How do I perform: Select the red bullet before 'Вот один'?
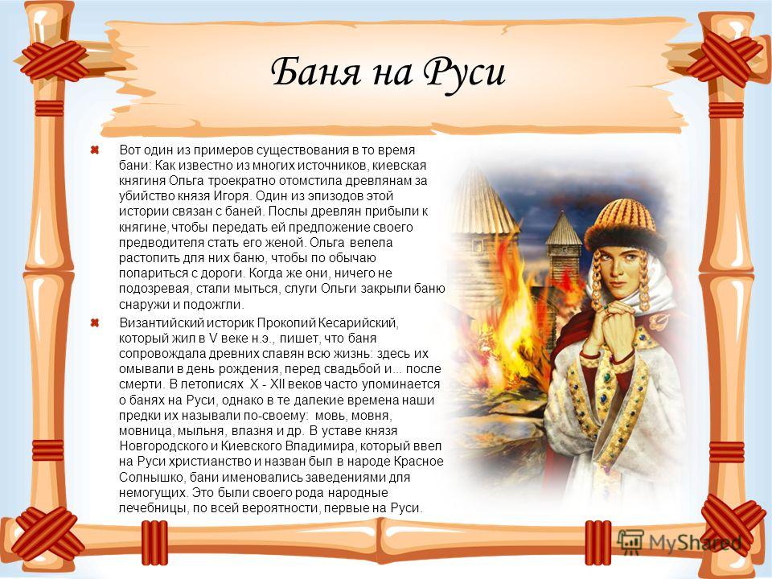[95, 150]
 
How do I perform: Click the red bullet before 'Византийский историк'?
[95, 323]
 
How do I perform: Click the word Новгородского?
[163, 446]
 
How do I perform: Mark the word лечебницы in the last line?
[152, 508]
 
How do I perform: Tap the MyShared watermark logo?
[680, 542]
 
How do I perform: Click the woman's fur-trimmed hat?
[626, 224]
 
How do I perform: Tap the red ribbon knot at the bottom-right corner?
[727, 524]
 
